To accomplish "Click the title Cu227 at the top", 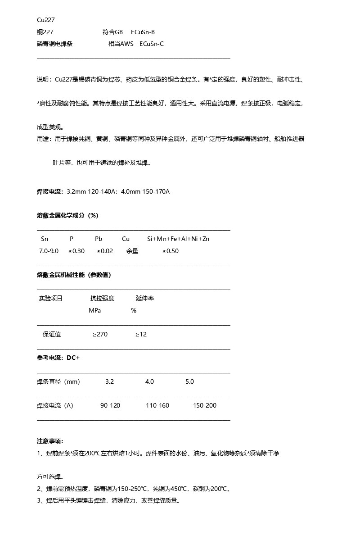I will click(x=46, y=20).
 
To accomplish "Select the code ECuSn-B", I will click(x=143, y=32).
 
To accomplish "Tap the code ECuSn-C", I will click(x=152, y=44).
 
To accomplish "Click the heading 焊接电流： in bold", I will click(x=50, y=191).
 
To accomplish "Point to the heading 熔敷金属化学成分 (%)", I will click(x=67, y=215).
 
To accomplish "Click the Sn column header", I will click(x=45, y=239).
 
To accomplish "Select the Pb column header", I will click(x=99, y=239).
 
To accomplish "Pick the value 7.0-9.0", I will click(x=49, y=251).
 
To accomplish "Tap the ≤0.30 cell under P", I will click(x=76, y=251).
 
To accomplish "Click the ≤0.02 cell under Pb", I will click(x=105, y=251).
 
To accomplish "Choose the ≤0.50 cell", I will click(x=171, y=251).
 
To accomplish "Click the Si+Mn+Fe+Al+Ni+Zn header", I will click(x=178, y=239).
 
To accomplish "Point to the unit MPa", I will click(x=95, y=310).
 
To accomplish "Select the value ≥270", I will click(x=100, y=334).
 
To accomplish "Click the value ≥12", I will click(x=141, y=334).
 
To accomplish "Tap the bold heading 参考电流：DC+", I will click(x=58, y=358).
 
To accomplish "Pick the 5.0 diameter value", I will click(x=189, y=381).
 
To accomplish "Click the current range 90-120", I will click(x=110, y=405).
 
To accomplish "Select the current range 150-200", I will click(x=205, y=405).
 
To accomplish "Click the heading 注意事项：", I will click(x=50, y=441).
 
